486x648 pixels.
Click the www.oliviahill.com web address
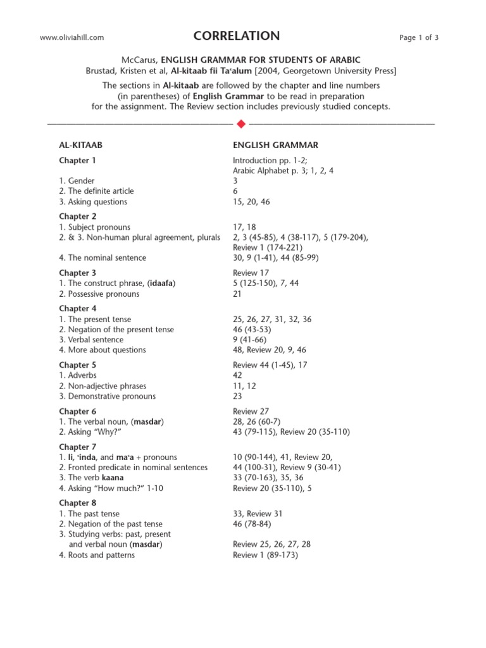72,38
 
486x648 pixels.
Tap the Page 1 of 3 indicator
419,38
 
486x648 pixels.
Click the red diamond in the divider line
240,123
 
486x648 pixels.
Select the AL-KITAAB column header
80,146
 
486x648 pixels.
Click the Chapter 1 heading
78,161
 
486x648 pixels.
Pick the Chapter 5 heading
78,365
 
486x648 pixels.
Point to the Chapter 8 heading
78,503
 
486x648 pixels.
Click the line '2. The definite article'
96,191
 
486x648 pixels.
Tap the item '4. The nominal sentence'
103,258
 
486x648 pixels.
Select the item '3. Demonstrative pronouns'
107,396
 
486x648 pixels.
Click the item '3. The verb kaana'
91,478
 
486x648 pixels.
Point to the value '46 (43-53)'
254,330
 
